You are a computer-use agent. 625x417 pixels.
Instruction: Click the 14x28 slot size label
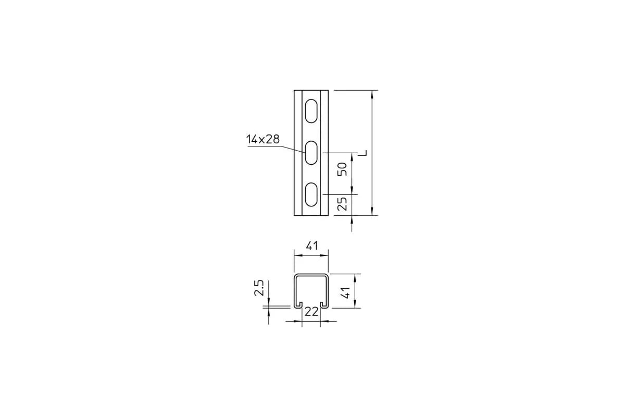pyautogui.click(x=262, y=139)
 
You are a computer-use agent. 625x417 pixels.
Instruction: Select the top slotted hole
pyautogui.click(x=311, y=111)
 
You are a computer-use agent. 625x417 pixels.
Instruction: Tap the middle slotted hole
pyautogui.click(x=311, y=153)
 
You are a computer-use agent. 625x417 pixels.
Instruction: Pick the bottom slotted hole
pyautogui.click(x=311, y=194)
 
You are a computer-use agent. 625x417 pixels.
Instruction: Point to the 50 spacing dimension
pyautogui.click(x=342, y=169)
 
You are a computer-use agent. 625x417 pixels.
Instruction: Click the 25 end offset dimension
pyautogui.click(x=342, y=204)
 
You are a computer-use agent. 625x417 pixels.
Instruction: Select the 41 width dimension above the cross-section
pyautogui.click(x=311, y=246)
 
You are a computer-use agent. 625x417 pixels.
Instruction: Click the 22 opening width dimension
pyautogui.click(x=311, y=312)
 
